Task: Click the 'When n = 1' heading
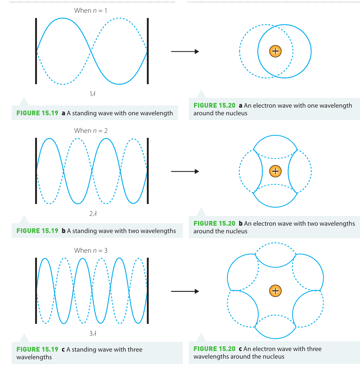click(x=91, y=10)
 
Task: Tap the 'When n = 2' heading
click(x=91, y=131)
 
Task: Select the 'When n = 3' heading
click(x=91, y=250)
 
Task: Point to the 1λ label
click(x=93, y=94)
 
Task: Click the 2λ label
click(x=93, y=214)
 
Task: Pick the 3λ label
click(x=93, y=333)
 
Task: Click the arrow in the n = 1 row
click(x=185, y=52)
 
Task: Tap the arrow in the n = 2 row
click(x=185, y=171)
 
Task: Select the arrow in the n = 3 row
click(x=185, y=291)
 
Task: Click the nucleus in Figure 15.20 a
click(x=275, y=51)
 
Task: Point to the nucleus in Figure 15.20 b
click(x=275, y=171)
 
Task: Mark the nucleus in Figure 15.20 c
click(x=275, y=291)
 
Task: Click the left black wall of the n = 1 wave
click(x=36, y=51)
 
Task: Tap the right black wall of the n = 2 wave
click(x=148, y=171)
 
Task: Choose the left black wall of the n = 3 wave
click(x=36, y=291)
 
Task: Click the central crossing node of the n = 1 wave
click(x=91, y=51)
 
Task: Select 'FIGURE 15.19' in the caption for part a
click(x=37, y=113)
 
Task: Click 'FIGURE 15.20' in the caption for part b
click(x=214, y=223)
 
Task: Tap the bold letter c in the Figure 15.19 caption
click(x=63, y=349)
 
